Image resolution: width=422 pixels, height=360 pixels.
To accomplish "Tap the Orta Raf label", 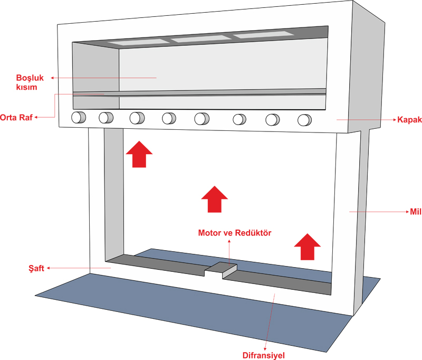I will [16, 118].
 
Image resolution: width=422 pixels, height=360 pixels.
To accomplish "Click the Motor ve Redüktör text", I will [234, 233].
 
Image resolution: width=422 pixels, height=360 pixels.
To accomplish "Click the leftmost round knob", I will [79, 117].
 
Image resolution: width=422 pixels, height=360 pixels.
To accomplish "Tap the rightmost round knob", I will [304, 120].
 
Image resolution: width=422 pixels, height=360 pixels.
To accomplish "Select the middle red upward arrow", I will [215, 198].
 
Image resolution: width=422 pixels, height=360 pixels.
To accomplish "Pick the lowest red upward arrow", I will [307, 246].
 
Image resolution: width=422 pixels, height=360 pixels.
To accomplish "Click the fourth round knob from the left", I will [169, 118].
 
